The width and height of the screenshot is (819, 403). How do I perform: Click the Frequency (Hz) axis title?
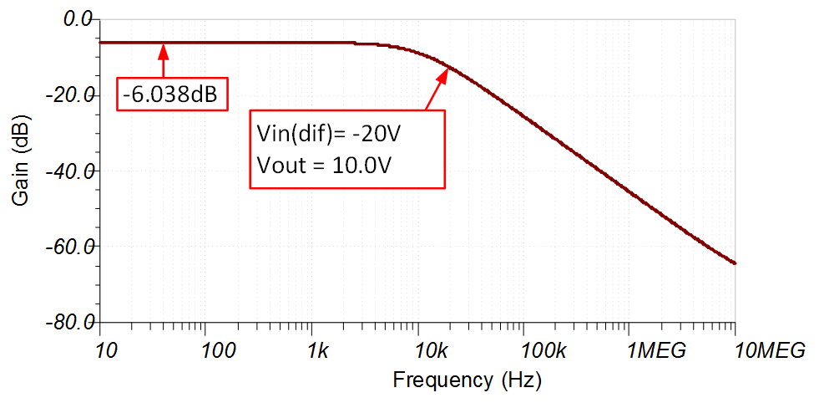(468, 380)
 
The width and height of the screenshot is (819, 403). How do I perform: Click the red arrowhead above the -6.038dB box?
(164, 51)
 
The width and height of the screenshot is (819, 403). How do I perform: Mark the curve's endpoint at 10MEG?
(735, 263)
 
